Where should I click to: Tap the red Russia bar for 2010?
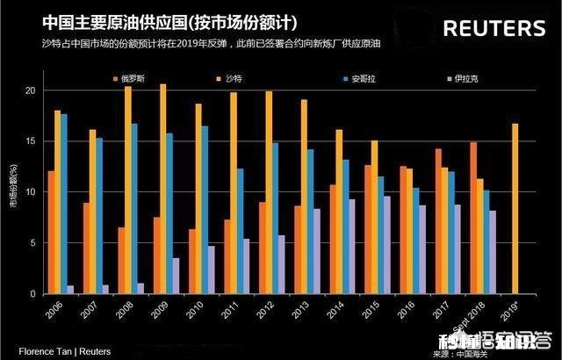192,262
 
